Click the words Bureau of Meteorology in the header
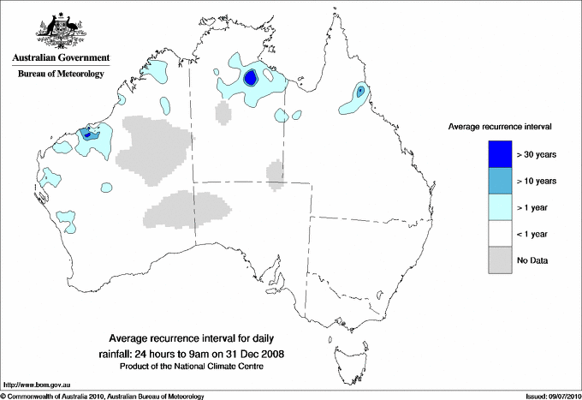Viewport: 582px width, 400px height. tap(61, 74)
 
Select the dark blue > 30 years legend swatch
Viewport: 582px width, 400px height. tap(501, 153)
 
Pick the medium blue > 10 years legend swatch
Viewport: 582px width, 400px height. tap(501, 181)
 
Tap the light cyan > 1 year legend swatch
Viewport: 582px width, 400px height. tap(501, 207)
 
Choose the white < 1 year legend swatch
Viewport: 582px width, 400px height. tap(501, 234)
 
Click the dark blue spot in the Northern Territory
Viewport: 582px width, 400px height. tap(250, 78)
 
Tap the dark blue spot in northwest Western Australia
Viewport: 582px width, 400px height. tap(86, 134)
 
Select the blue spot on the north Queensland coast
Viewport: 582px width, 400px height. tap(360, 90)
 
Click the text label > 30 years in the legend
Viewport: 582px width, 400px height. tap(537, 154)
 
